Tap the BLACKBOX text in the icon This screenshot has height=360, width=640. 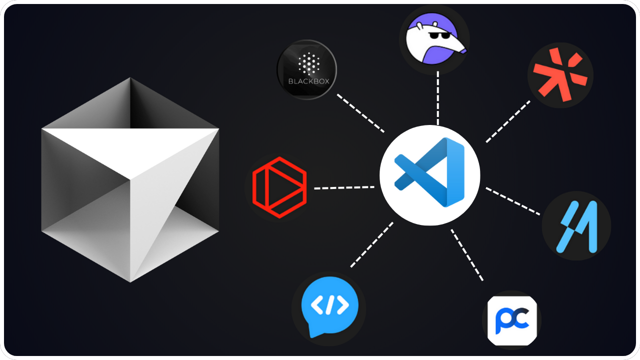306,81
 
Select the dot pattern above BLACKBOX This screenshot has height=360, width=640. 306,64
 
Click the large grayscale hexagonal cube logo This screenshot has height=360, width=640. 130,180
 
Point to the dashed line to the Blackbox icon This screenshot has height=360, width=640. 360,112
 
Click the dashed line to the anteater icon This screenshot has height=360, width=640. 438,98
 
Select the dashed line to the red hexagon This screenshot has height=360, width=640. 344,188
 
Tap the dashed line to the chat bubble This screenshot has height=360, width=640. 371,244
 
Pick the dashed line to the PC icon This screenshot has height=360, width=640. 467,254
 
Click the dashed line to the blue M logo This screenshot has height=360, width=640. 513,201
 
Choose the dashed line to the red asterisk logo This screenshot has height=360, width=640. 508,121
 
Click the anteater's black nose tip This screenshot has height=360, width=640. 464,50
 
